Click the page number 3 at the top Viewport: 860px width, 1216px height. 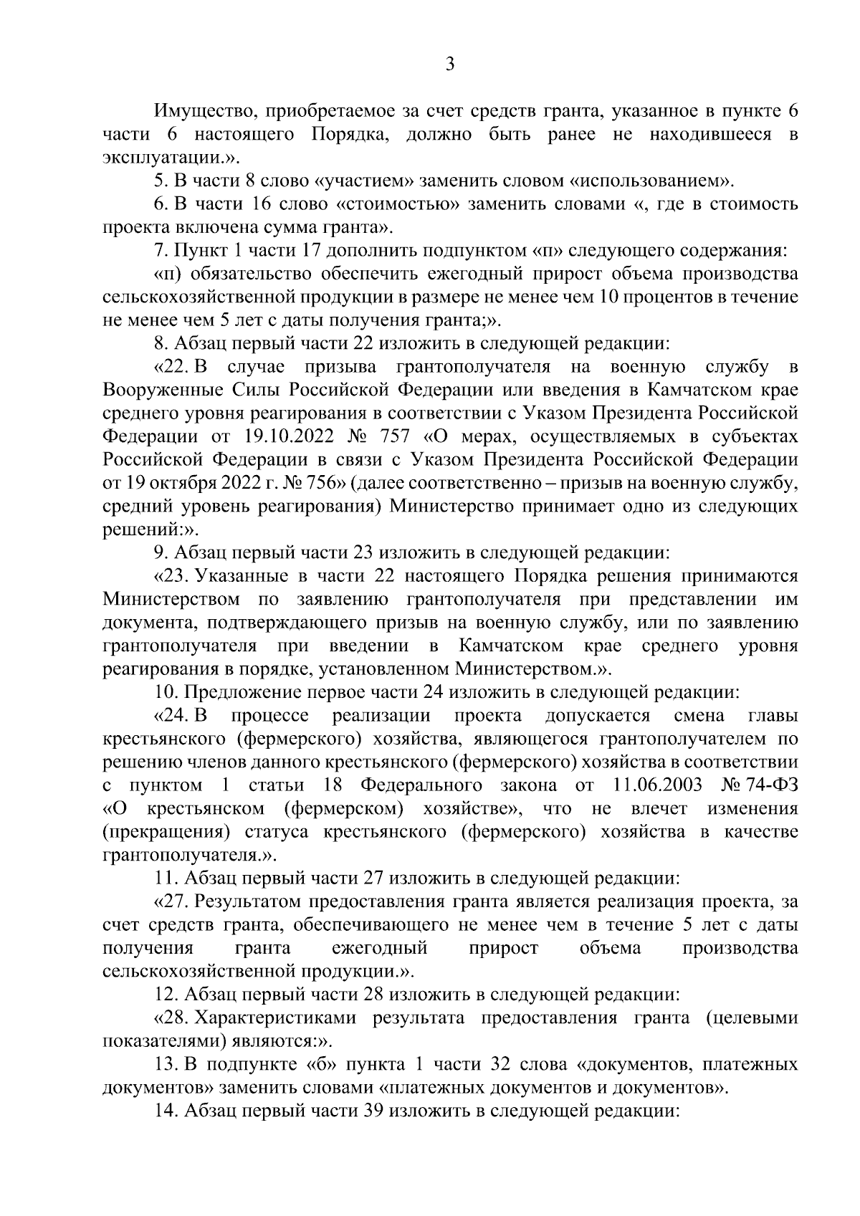point(449,64)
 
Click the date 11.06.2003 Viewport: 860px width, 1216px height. point(654,785)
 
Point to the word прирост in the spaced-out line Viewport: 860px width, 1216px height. point(503,948)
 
